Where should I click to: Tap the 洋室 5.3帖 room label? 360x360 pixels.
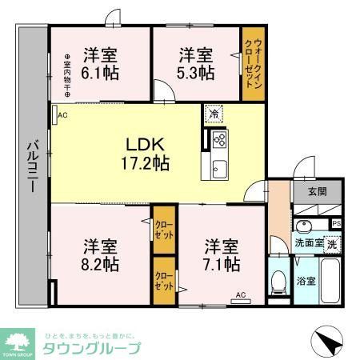pos(196,63)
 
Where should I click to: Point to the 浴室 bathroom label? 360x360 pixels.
pos(306,282)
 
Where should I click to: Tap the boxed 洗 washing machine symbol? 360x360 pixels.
pos(330,243)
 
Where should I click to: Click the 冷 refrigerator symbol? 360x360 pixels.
pos(214,114)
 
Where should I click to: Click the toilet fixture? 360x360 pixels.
pos(278,280)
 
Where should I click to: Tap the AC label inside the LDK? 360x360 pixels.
pos(62,115)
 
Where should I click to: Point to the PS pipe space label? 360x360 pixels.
pos(337,223)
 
